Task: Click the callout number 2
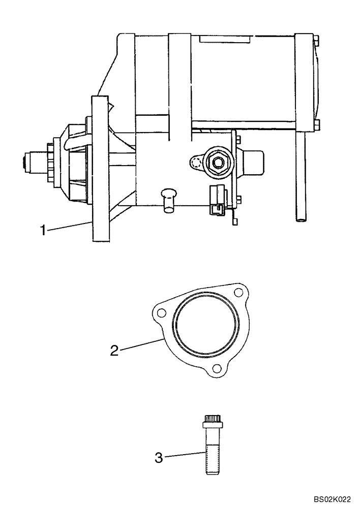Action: pos(115,350)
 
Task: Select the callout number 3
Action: pos(159,457)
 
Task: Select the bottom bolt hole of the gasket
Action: pos(217,369)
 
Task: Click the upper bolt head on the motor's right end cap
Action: pos(317,40)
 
